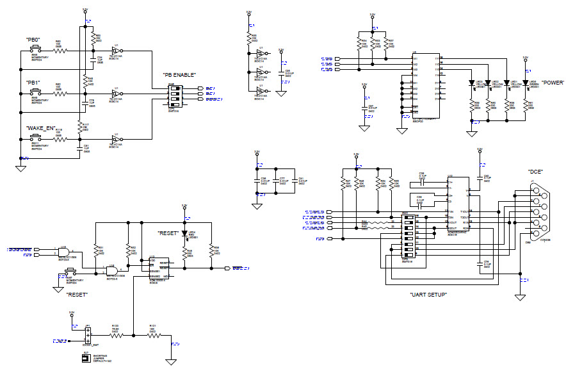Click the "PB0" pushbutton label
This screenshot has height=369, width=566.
[x=33, y=40]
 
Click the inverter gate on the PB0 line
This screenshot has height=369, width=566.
[x=117, y=51]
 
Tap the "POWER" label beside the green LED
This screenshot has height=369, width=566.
[x=552, y=83]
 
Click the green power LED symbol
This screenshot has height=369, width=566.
[x=526, y=83]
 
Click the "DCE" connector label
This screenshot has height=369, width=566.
[x=535, y=172]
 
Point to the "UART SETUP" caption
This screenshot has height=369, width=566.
[x=428, y=295]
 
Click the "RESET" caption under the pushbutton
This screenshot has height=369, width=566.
[x=77, y=294]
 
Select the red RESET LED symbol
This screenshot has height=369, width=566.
[x=184, y=233]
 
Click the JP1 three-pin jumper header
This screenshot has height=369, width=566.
[x=87, y=334]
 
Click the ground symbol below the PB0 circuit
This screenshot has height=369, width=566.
[x=20, y=168]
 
